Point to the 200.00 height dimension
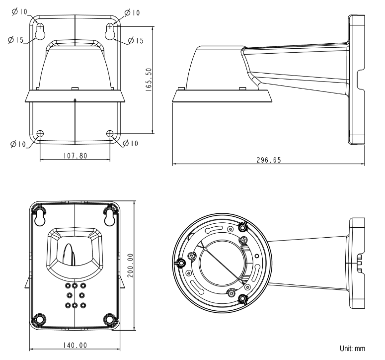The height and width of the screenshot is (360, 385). [131, 266]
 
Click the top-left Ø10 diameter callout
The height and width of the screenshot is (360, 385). [20, 11]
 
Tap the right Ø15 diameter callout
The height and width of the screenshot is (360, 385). [135, 40]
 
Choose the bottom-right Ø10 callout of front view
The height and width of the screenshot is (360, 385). [130, 143]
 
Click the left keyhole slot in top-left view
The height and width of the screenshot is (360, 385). [40, 32]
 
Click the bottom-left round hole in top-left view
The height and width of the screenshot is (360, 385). [40, 133]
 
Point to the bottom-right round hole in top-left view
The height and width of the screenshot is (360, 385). [110, 133]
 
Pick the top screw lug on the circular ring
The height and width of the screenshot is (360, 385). [242, 227]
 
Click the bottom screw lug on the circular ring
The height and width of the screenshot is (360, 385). [242, 299]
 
